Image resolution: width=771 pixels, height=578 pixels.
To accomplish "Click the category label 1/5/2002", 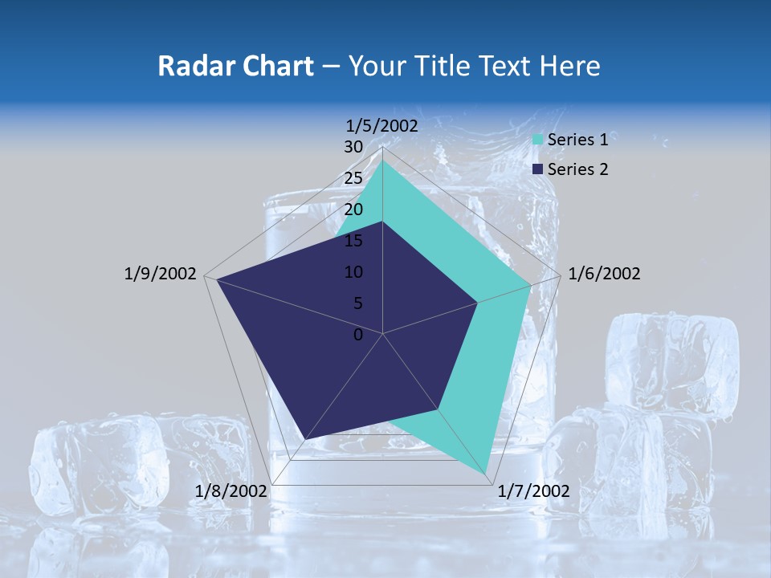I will tap(381, 125).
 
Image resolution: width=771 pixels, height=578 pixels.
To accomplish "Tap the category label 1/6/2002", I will tap(604, 274).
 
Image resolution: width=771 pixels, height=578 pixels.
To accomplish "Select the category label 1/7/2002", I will tap(534, 491).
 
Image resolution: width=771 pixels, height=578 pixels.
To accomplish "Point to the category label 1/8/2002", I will tap(231, 491).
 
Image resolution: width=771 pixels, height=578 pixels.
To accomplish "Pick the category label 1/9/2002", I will tap(160, 274).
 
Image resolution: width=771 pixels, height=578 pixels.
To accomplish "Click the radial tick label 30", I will tap(353, 147).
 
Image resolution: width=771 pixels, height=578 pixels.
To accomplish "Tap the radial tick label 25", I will tap(353, 178).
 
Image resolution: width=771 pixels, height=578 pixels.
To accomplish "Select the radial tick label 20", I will tap(353, 210).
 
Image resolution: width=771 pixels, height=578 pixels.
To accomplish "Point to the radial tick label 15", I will tap(353, 241).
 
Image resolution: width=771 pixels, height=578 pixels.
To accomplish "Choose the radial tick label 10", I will tap(353, 272).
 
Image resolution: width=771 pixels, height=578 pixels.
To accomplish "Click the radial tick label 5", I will tap(357, 303).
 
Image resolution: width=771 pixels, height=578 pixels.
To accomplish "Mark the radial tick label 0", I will tap(358, 335).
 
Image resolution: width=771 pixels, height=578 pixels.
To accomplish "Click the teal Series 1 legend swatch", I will tap(538, 140).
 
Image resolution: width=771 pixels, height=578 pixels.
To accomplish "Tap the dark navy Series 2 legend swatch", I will tap(538, 169).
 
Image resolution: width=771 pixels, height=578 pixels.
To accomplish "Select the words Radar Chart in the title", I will tap(235, 66).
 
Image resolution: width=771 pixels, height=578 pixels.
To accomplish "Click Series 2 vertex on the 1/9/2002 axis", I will tap(216, 279).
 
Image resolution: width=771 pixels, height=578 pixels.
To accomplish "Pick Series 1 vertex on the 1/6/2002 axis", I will tap(530, 285).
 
